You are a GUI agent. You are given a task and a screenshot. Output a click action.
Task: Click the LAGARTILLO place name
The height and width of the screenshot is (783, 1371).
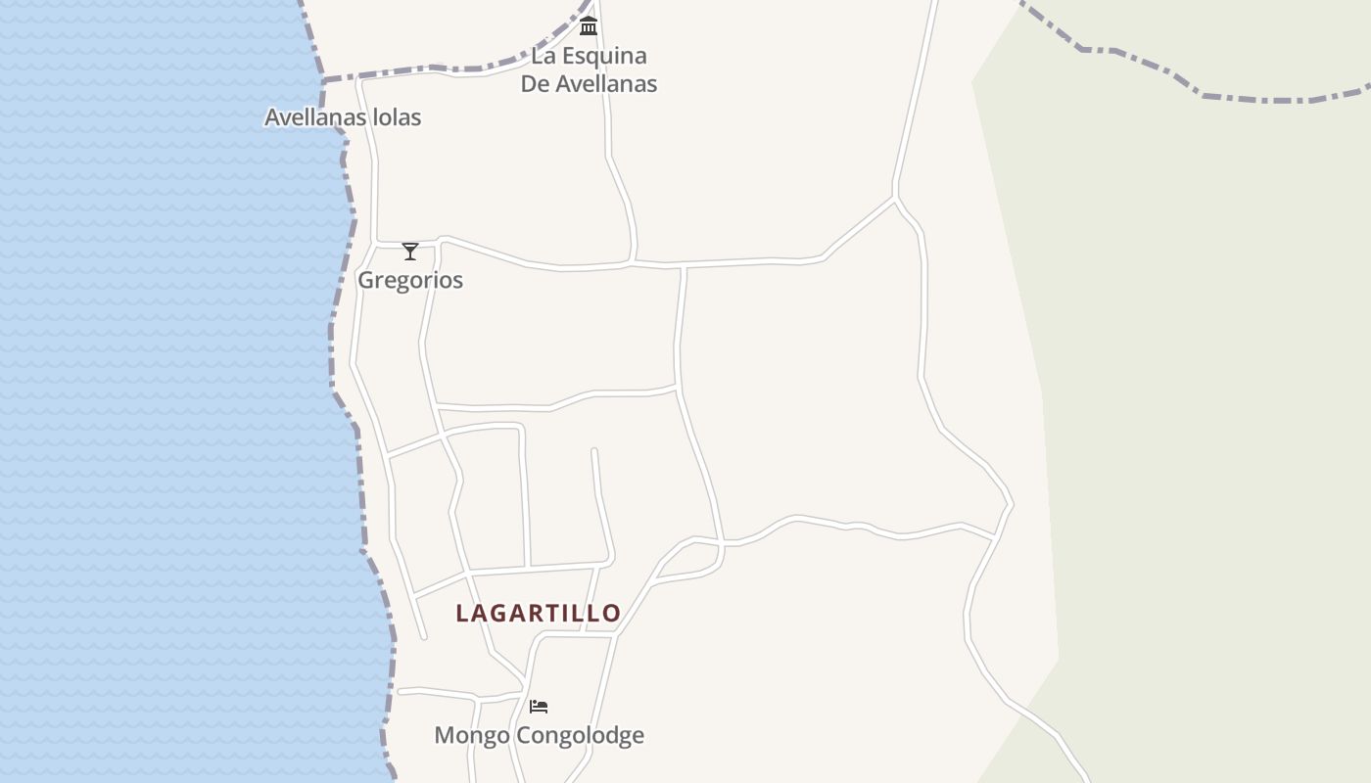[538, 613]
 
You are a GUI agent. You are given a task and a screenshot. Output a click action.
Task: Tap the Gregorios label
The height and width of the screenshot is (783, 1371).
[409, 280]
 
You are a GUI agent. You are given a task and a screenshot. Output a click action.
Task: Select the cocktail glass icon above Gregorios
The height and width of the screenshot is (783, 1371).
[410, 252]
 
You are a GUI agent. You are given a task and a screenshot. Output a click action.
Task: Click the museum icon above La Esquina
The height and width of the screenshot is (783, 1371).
[589, 25]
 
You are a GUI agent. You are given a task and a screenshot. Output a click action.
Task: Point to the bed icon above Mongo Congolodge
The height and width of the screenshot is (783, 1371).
[539, 706]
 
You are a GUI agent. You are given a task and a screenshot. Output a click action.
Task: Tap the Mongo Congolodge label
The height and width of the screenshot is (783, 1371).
[539, 735]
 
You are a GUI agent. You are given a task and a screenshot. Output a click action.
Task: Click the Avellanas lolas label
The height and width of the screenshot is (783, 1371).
[343, 117]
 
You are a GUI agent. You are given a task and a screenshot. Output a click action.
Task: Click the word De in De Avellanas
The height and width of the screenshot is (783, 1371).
[535, 84]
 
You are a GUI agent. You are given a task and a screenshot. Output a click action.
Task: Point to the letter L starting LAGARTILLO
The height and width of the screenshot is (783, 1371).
[462, 613]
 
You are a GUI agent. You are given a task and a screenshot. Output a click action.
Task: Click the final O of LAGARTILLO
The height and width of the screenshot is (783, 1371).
[612, 613]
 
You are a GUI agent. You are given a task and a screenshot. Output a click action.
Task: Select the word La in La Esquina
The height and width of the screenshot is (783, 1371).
[543, 56]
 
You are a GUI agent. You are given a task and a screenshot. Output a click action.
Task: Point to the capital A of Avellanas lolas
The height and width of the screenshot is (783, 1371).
[273, 117]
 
